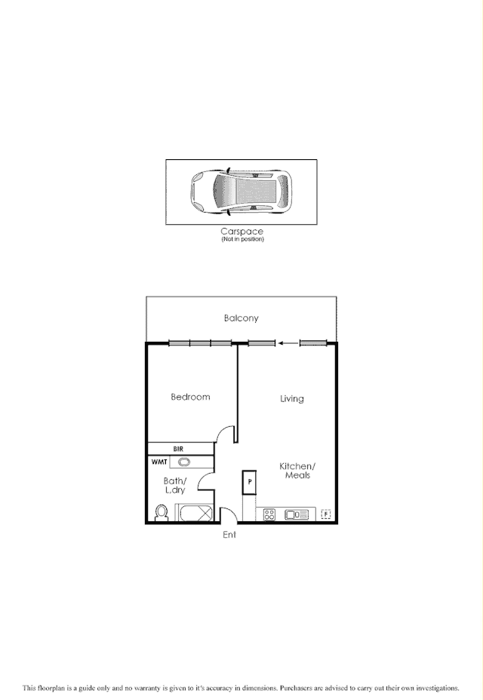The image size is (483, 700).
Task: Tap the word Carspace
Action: pyautogui.click(x=241, y=232)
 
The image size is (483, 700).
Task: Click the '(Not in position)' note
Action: pyautogui.click(x=242, y=239)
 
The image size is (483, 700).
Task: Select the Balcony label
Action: pyautogui.click(x=241, y=318)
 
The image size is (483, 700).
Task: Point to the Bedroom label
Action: pyautogui.click(x=190, y=397)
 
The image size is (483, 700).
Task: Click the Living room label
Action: pyautogui.click(x=291, y=398)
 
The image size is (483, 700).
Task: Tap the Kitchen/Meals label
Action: pyautogui.click(x=297, y=471)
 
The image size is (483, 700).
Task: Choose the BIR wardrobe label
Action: pyautogui.click(x=178, y=448)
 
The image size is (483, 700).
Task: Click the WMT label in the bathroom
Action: pyautogui.click(x=160, y=461)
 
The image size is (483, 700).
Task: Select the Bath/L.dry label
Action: pyautogui.click(x=174, y=485)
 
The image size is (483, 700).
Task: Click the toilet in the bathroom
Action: pyautogui.click(x=160, y=513)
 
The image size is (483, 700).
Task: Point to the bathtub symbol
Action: pyautogui.click(x=195, y=514)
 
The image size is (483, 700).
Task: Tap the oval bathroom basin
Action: pyautogui.click(x=184, y=462)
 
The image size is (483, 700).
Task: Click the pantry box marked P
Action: pyautogui.click(x=248, y=482)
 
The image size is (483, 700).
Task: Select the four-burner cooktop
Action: pyautogui.click(x=269, y=514)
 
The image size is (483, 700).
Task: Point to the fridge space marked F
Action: pyautogui.click(x=326, y=514)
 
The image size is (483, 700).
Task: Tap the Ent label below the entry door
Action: pyautogui.click(x=229, y=535)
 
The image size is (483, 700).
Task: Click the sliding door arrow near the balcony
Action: pyautogui.click(x=286, y=344)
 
